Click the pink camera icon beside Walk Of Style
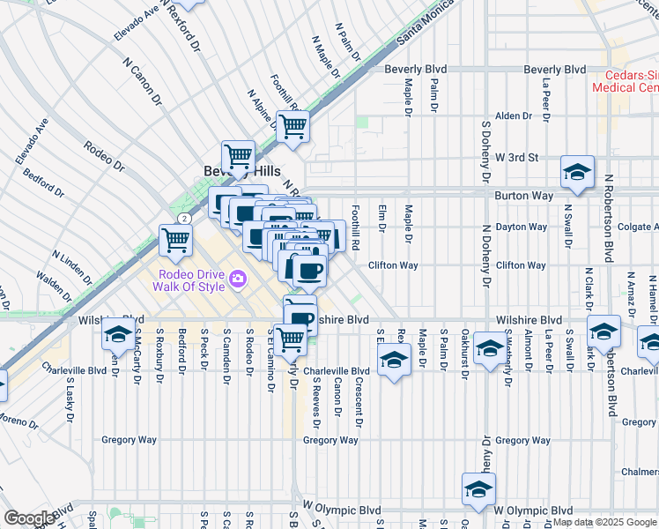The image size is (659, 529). [x=236, y=280]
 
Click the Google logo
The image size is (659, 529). [x=29, y=518]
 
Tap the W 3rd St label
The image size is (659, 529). [x=516, y=157]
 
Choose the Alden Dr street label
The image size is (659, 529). [x=515, y=115]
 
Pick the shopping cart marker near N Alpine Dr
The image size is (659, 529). [x=292, y=125]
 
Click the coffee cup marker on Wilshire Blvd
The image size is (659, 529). [x=300, y=317]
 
